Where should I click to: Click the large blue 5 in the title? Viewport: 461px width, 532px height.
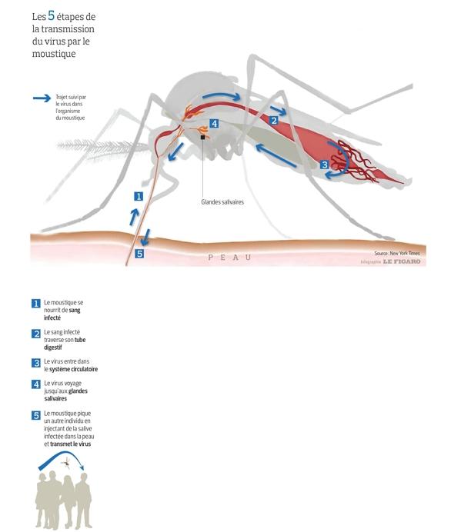point(52,15)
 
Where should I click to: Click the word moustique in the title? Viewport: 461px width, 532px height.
point(54,54)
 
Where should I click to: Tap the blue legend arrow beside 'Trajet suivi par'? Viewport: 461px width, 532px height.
point(42,98)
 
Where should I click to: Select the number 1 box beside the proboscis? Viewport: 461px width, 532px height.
point(139,196)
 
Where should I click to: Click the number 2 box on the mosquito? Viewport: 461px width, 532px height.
point(274,120)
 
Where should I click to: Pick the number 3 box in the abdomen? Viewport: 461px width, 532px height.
point(325,165)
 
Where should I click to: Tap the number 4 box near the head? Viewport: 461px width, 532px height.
point(214,124)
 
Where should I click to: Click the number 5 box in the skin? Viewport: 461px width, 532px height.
point(139,254)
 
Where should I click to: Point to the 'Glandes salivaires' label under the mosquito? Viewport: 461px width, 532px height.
point(222,202)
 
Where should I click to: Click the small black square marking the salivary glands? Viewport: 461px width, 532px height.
point(203,137)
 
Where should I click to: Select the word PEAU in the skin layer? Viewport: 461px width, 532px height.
point(229,258)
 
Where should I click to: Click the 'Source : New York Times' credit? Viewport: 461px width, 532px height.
point(397,253)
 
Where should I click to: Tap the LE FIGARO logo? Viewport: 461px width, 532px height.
point(402,261)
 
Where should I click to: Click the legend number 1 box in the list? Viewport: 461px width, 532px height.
point(36,304)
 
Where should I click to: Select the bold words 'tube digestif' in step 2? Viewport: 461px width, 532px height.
point(65,344)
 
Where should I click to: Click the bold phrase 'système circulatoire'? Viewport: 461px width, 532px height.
point(73,369)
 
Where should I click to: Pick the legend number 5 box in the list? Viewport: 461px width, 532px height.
point(36,415)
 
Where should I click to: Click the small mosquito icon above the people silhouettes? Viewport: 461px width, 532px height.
point(67,462)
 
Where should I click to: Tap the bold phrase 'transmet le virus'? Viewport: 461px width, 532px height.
point(70,444)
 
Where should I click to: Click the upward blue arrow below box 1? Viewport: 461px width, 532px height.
point(134,217)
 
